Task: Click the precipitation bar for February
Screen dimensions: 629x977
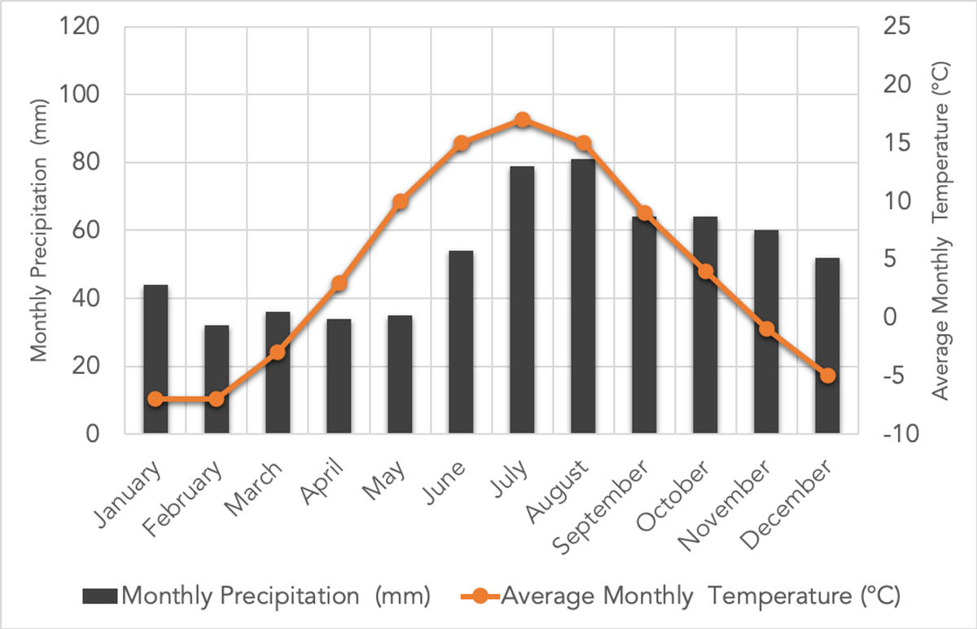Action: pyautogui.click(x=217, y=380)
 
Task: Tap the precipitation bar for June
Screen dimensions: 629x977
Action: pyautogui.click(x=461, y=342)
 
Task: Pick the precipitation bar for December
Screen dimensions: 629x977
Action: pyautogui.click(x=827, y=345)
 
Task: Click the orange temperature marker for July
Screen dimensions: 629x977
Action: pyautogui.click(x=523, y=121)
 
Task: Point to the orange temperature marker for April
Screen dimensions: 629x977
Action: pyautogui.click(x=340, y=284)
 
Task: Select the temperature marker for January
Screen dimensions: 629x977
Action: pyautogui.click(x=156, y=399)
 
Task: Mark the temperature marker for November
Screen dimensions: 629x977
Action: pyautogui.click(x=766, y=329)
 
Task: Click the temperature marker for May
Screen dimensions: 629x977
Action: pyautogui.click(x=400, y=202)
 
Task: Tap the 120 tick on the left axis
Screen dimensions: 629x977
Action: pyautogui.click(x=80, y=27)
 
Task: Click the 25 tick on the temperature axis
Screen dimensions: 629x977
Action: pyautogui.click(x=900, y=27)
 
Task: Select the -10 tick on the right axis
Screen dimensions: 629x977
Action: pyautogui.click(x=904, y=434)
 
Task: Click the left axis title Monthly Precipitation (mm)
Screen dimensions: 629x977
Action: pyautogui.click(x=39, y=231)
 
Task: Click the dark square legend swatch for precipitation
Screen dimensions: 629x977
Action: pyautogui.click(x=100, y=596)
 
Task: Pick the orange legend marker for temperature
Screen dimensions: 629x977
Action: pyautogui.click(x=480, y=596)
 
